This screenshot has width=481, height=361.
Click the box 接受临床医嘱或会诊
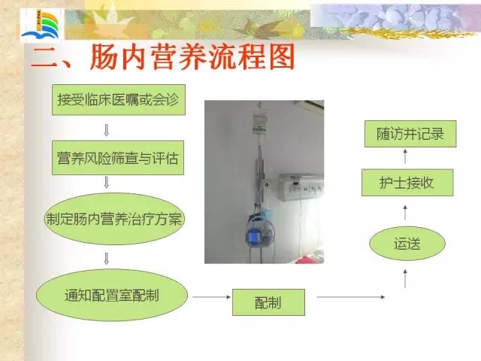click(119, 100)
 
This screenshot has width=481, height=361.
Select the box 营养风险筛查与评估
click(118, 158)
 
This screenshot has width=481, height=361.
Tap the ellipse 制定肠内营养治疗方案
click(114, 219)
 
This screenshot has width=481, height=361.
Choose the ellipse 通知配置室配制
click(112, 296)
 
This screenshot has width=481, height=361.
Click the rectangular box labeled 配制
click(268, 302)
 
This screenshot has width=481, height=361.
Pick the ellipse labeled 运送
click(407, 244)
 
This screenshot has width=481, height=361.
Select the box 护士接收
click(407, 183)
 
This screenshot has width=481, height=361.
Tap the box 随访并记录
click(410, 134)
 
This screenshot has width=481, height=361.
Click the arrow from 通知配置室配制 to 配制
click(212, 297)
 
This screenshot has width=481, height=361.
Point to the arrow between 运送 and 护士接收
click(405, 212)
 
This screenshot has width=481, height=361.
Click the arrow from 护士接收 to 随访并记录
click(405, 156)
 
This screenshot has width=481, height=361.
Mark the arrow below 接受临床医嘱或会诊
click(107, 130)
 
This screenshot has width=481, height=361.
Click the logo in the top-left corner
click(42, 26)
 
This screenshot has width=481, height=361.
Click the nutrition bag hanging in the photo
click(259, 124)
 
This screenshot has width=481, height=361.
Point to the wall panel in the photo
click(301, 187)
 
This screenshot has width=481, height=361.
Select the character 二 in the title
click(45, 58)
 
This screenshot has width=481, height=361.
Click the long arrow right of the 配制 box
click(351, 297)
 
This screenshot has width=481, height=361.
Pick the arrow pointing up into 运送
click(405, 279)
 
